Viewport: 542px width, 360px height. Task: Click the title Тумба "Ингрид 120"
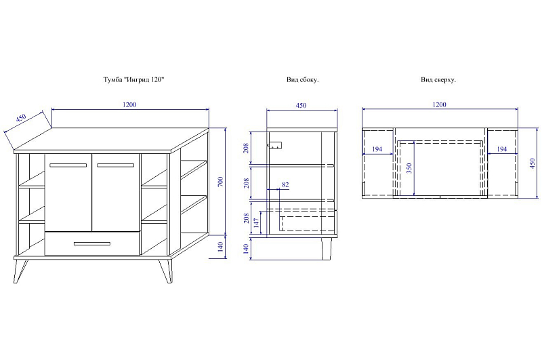point(133,79)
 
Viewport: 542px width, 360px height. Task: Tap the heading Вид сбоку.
point(302,79)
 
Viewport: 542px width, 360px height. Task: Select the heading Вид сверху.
point(438,79)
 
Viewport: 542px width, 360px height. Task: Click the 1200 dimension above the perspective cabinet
point(129,104)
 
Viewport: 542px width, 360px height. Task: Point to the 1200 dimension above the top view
point(439,104)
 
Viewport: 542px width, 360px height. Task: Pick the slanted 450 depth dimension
point(21,118)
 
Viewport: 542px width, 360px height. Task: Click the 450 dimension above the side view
point(301,105)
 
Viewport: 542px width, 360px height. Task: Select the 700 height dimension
point(221,182)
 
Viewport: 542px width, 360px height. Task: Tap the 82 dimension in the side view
point(285,184)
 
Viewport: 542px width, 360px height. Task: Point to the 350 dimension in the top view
point(409,168)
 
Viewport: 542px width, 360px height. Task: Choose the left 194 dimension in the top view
point(377,149)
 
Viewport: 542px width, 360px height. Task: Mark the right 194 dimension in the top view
point(501,149)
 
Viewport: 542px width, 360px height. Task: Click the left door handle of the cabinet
point(68,165)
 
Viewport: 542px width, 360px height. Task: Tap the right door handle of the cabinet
point(115,165)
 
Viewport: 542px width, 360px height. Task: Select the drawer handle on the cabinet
point(92,244)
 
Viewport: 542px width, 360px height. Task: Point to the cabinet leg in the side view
point(326,248)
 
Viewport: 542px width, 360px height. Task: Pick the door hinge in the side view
point(275,146)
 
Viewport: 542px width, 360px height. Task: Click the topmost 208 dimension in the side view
point(246,148)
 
